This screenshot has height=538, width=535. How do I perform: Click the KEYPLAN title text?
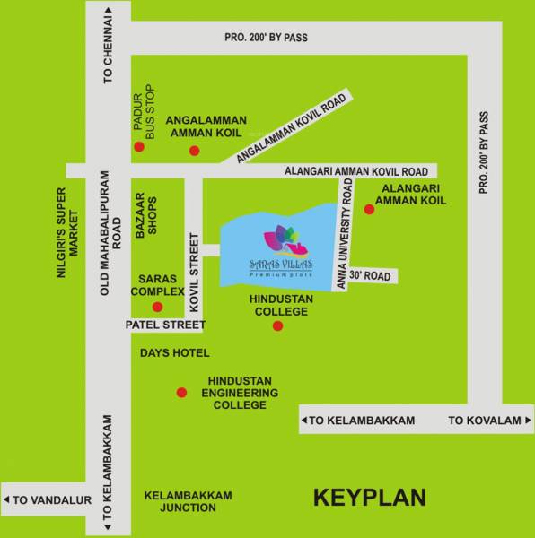pos(369,496)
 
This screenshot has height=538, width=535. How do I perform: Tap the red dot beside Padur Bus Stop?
pos(139,146)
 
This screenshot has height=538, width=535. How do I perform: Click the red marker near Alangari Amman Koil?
pos(368,210)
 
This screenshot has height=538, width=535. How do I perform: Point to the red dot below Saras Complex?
pos(158,307)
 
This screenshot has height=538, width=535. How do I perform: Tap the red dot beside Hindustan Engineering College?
pos(181,392)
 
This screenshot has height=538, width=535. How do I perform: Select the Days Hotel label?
pos(175,353)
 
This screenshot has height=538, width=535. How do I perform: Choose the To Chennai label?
pos(109,62)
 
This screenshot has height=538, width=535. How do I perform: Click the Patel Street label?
pos(166,325)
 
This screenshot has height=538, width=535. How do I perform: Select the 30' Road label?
pos(370,276)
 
